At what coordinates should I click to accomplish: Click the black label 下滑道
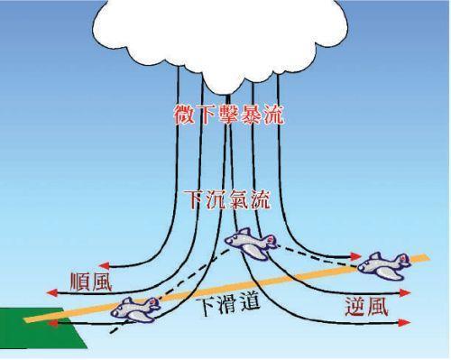coord(228,304)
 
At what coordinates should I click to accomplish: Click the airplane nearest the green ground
coord(136,309)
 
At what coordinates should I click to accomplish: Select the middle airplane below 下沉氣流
coord(250,244)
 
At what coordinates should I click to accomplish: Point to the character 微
coord(185,115)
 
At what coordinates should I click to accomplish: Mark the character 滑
coord(228,304)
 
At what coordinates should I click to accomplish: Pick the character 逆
coord(355,305)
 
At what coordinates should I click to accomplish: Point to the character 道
coord(251,303)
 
